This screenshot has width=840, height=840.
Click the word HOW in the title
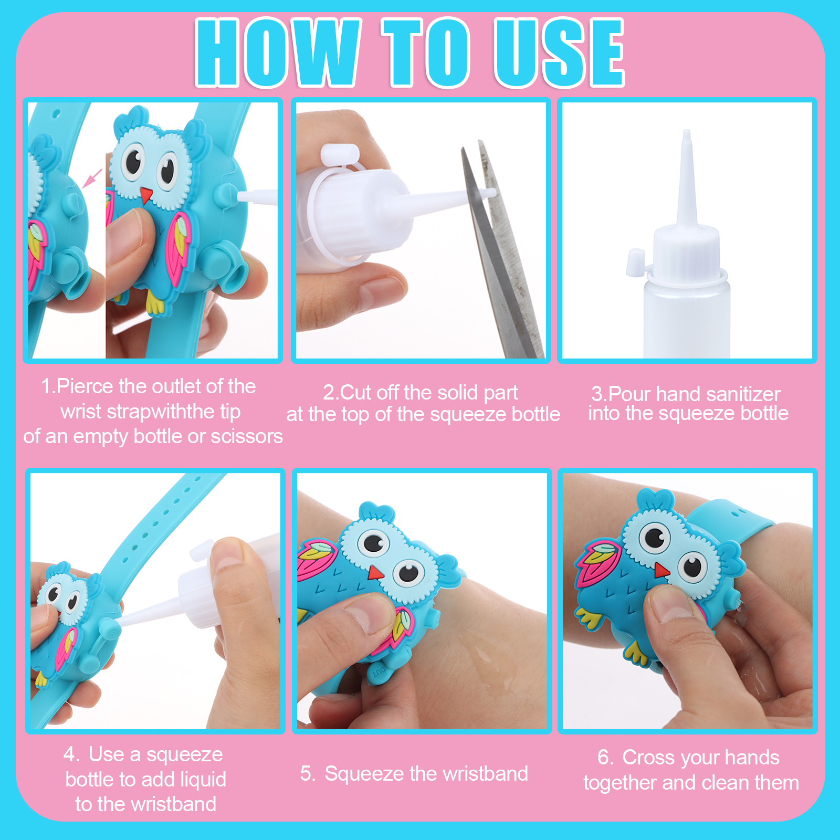(278, 52)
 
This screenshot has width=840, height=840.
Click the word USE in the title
(559, 52)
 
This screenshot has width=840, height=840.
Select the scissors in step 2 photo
(501, 247)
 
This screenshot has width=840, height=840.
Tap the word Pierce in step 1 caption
(86, 386)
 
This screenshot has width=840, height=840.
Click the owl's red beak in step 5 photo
(375, 572)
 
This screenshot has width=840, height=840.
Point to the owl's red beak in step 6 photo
(661, 570)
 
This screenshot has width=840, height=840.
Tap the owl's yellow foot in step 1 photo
(155, 303)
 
